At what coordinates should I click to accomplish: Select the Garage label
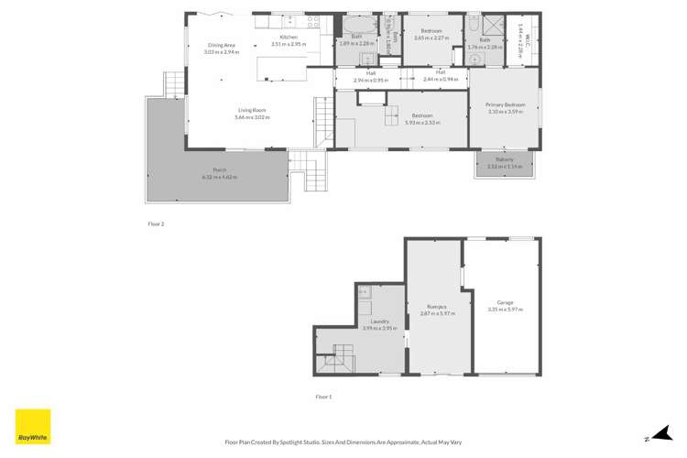tap(505, 302)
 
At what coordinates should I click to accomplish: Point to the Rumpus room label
tap(436, 307)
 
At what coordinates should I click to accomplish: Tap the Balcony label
tap(505, 160)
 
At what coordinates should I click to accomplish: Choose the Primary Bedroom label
tap(505, 105)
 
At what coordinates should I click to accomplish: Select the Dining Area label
tap(222, 45)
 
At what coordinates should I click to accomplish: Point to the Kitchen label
tap(290, 38)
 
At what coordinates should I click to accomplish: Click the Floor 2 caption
tap(157, 223)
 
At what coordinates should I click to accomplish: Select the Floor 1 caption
tap(322, 396)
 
